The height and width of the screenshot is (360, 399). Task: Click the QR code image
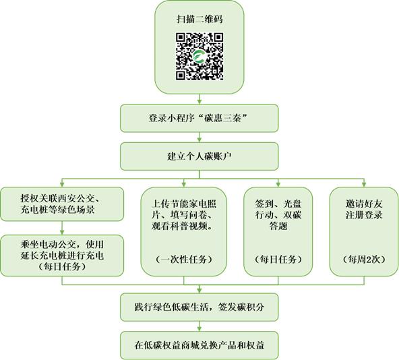pyautogui.click(x=199, y=56)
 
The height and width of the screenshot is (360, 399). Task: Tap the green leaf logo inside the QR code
pyautogui.click(x=199, y=56)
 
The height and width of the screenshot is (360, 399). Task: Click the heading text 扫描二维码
pyautogui.click(x=199, y=19)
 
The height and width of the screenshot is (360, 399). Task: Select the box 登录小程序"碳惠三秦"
pyautogui.click(x=199, y=118)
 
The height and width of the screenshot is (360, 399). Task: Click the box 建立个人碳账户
pyautogui.click(x=199, y=156)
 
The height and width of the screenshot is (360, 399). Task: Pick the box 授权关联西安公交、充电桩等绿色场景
pyautogui.click(x=62, y=204)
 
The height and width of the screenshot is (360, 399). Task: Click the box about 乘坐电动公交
pyautogui.click(x=62, y=256)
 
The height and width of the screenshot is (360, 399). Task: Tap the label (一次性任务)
pyautogui.click(x=184, y=260)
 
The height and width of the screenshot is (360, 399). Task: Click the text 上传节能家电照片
pyautogui.click(x=184, y=209)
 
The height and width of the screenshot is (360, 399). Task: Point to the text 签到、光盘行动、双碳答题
pyautogui.click(x=278, y=214)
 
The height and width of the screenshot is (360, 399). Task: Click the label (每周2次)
pyautogui.click(x=364, y=260)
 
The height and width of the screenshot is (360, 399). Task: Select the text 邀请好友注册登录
pyautogui.click(x=364, y=209)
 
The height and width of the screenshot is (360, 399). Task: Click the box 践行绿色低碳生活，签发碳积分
pyautogui.click(x=199, y=307)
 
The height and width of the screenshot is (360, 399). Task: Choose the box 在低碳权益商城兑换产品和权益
pyautogui.click(x=199, y=345)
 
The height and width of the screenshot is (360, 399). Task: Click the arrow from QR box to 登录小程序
pyautogui.click(x=199, y=99)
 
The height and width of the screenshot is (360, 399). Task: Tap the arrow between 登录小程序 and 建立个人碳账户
pyautogui.click(x=199, y=138)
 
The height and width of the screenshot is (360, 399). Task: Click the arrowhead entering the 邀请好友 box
pyautogui.click(x=364, y=185)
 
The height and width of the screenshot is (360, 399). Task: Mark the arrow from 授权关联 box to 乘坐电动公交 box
pyautogui.click(x=62, y=228)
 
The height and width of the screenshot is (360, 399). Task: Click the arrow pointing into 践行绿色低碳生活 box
pyautogui.click(x=199, y=289)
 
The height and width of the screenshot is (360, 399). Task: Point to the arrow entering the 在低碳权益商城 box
pyautogui.click(x=199, y=326)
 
